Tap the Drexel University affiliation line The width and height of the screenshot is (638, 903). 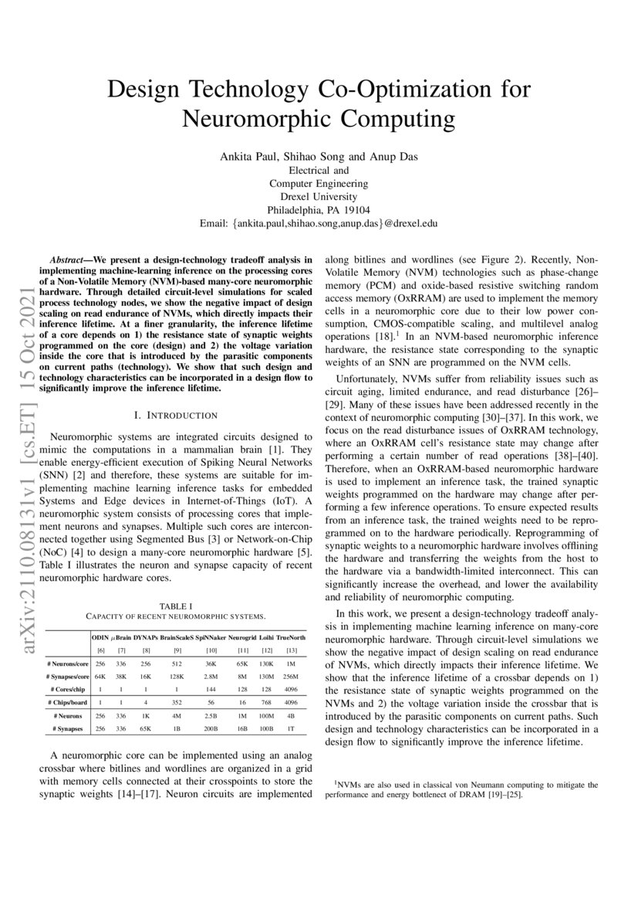pos(318,196)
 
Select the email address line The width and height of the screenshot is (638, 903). pos(318,222)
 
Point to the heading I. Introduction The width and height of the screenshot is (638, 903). pos(175,415)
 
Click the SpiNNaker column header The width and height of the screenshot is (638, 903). pos(211,638)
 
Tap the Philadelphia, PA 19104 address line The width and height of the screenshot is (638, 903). pos(318,209)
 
